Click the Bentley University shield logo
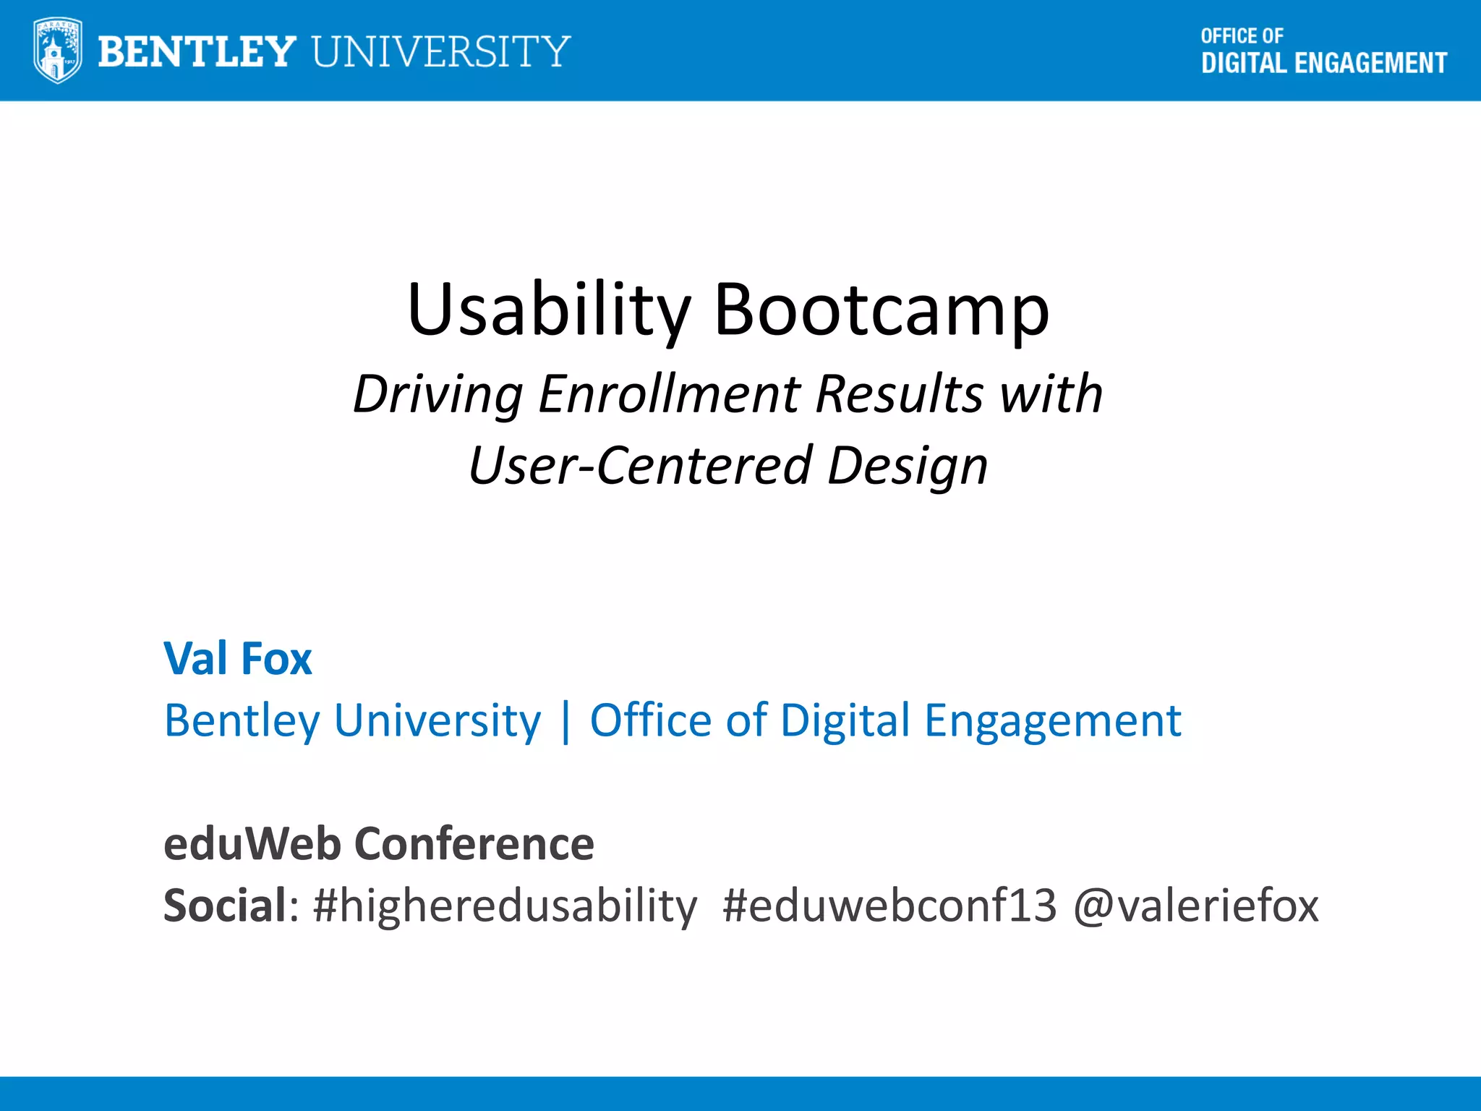point(57,51)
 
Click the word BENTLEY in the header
point(197,51)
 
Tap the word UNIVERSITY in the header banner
point(441,51)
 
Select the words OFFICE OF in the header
point(1242,36)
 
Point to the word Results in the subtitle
point(900,394)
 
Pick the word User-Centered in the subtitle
point(640,465)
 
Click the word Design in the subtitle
point(908,465)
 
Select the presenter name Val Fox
point(238,659)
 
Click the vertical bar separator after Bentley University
point(565,720)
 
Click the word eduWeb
point(252,843)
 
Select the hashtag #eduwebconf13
point(889,906)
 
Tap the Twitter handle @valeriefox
point(1196,906)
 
